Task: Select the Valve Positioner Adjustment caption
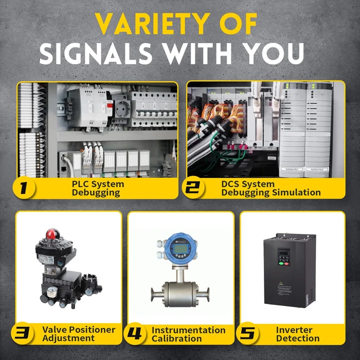click(x=78, y=334)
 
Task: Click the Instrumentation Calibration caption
click(x=188, y=334)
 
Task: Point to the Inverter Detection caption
click(x=298, y=334)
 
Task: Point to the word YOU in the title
click(x=276, y=53)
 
